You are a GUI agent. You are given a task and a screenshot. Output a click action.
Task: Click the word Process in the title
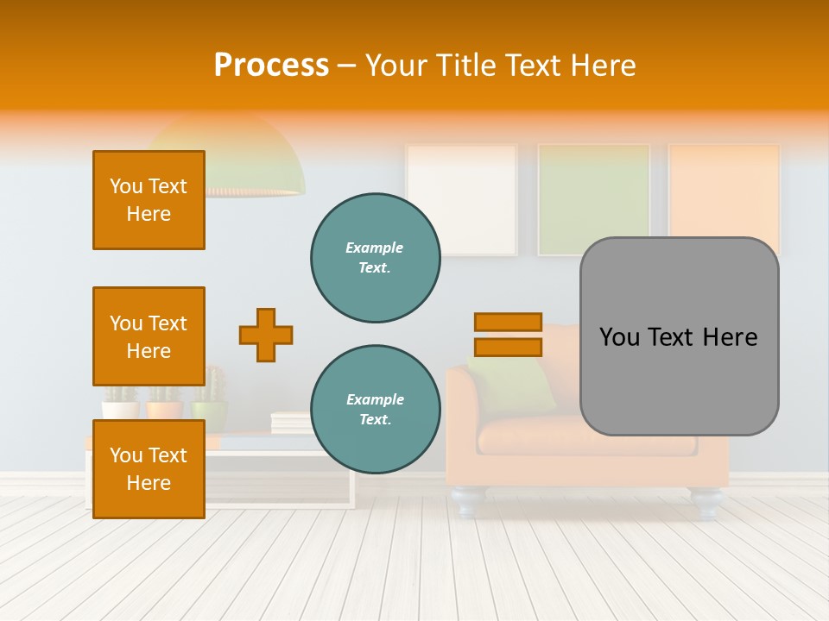[271, 66]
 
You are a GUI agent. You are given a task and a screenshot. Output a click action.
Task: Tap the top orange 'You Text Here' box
[149, 200]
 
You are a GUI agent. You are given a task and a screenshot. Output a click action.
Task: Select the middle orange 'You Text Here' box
[149, 336]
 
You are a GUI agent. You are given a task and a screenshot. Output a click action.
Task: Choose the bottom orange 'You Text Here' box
[149, 469]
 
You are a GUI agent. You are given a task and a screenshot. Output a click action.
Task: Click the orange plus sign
[266, 335]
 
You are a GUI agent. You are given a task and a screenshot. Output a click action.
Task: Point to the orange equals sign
[508, 335]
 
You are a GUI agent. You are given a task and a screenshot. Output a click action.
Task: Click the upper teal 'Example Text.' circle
[375, 257]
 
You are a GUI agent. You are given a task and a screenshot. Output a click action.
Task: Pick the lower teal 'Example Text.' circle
[375, 409]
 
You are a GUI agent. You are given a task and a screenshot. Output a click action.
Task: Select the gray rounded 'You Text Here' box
[679, 336]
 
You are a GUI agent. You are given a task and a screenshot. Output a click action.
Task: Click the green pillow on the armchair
[518, 384]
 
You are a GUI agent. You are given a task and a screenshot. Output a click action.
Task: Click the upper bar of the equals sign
[508, 323]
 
